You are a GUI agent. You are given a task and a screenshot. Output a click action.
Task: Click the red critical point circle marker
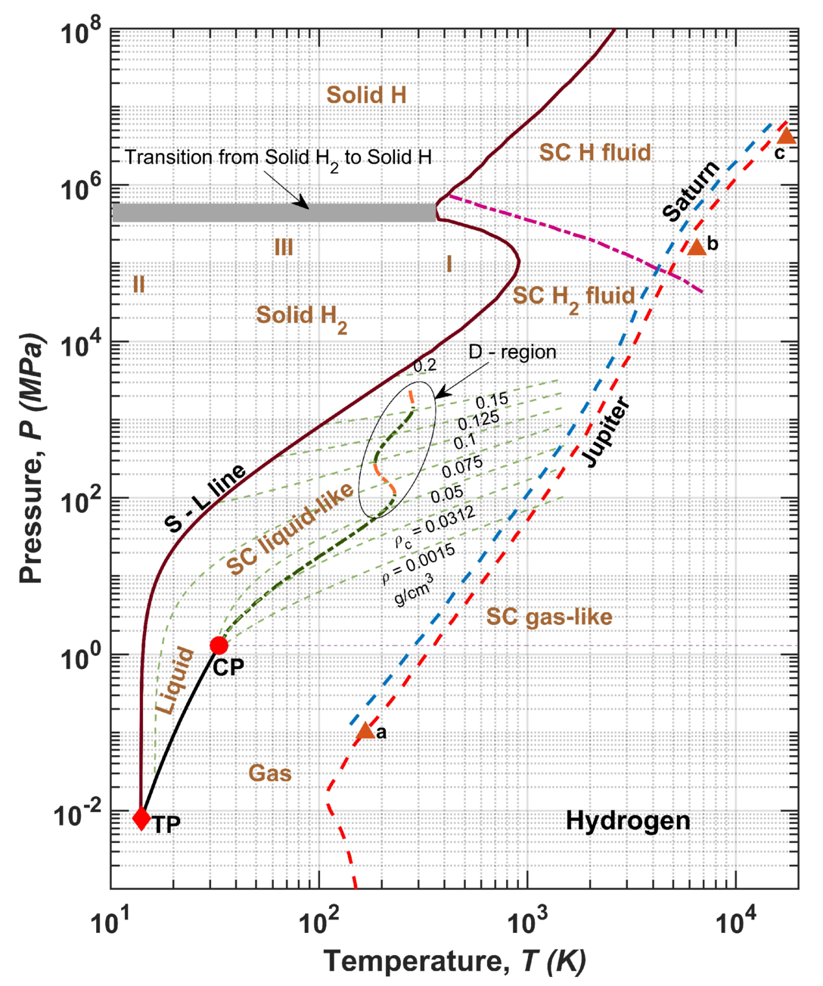point(219,645)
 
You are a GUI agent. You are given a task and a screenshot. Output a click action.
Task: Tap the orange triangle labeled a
point(365,730)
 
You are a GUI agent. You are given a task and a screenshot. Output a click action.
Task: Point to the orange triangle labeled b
point(697,246)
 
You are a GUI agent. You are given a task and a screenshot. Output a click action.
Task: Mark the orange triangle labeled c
point(787,135)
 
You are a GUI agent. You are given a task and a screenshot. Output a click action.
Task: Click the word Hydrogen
point(628,820)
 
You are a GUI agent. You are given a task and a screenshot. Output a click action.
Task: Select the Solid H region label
point(366,95)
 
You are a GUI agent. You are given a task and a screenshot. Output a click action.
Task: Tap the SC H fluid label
point(595,153)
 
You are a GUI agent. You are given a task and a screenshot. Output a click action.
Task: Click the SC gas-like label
point(549,617)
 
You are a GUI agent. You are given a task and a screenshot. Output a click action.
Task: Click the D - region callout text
point(512,352)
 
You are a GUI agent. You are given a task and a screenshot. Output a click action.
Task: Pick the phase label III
point(284,247)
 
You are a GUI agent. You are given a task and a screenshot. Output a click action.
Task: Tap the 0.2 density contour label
point(424,365)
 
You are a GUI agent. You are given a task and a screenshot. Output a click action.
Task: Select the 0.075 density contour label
point(461,468)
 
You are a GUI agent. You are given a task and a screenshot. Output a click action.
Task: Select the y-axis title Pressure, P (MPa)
point(31,458)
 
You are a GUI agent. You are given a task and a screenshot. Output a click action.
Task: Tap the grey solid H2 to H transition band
point(274,213)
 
